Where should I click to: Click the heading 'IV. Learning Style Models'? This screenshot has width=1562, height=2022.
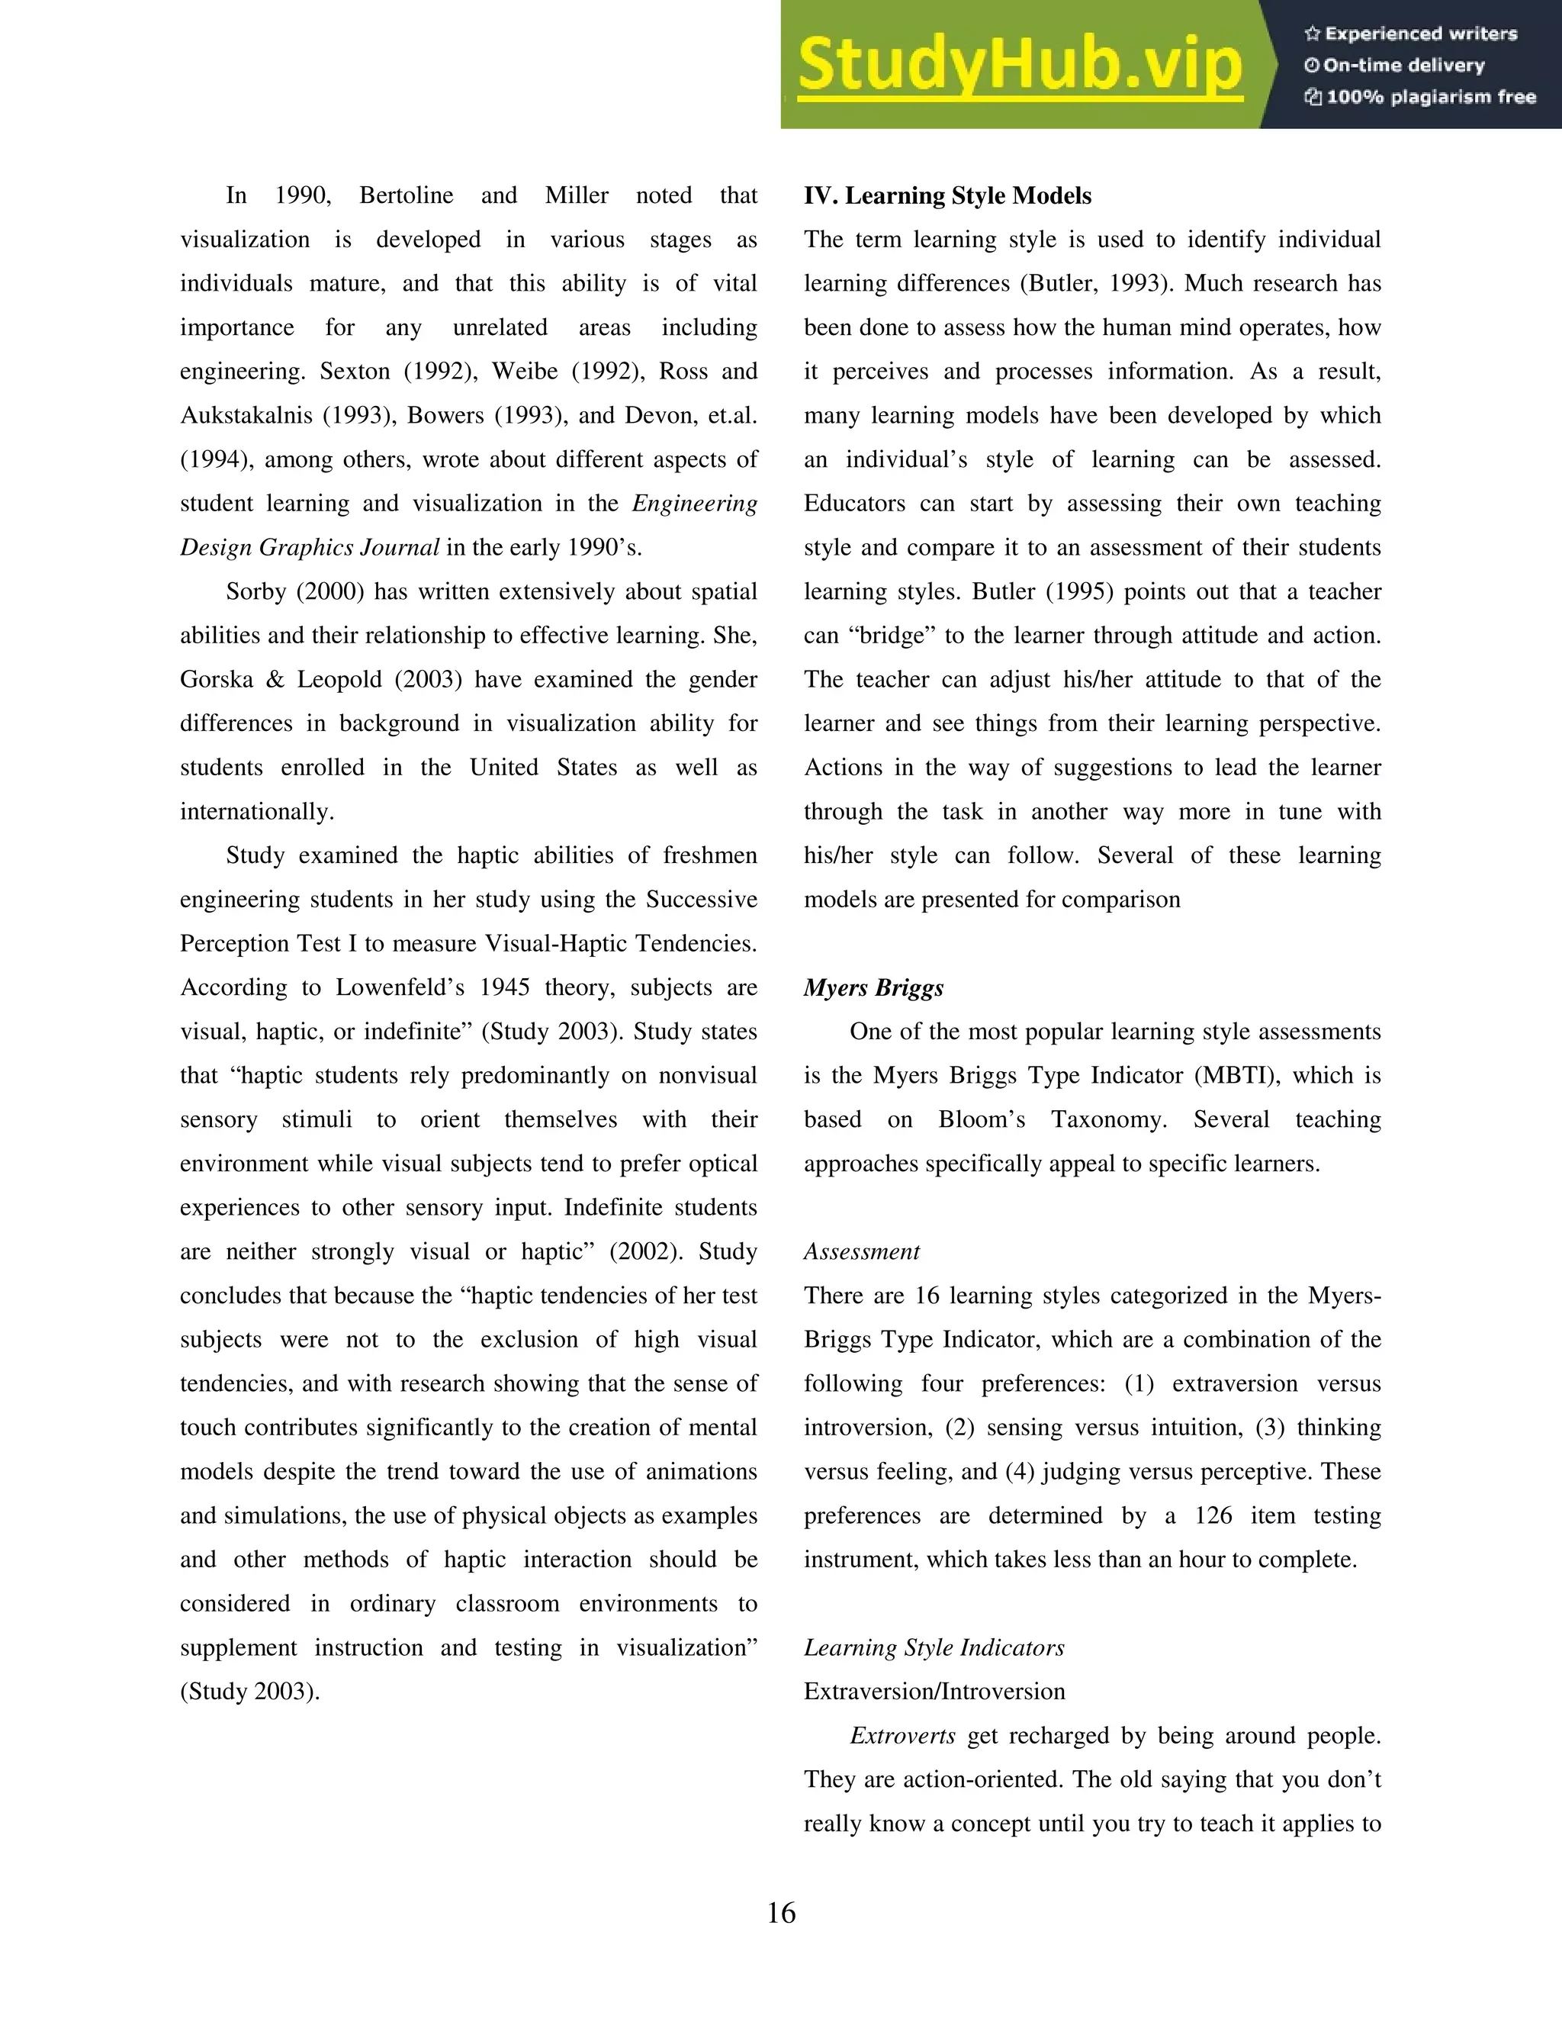pos(947,196)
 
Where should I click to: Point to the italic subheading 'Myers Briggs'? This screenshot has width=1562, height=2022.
pos(873,988)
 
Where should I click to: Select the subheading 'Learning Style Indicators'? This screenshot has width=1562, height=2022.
pos(933,1648)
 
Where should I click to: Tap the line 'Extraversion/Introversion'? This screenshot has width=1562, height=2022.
pos(934,1692)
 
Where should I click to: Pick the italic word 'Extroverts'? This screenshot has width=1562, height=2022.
pos(902,1736)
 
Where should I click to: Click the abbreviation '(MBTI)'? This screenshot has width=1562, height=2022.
pos(1237,1076)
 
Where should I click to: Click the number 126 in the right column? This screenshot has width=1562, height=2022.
pos(1212,1515)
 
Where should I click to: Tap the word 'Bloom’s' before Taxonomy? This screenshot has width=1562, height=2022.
pos(981,1120)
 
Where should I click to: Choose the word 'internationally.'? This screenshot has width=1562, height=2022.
pos(256,812)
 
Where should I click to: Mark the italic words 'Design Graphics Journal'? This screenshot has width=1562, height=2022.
pos(309,548)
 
